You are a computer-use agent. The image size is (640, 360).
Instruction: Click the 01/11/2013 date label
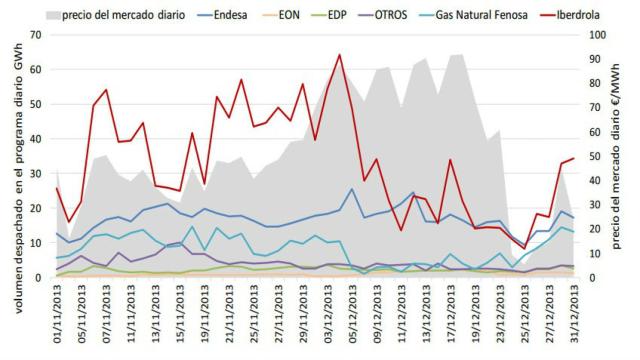[x=56, y=318]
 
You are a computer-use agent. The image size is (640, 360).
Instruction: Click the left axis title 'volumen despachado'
[x=13, y=160]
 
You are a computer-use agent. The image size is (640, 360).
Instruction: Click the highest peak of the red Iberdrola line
[x=340, y=55]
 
